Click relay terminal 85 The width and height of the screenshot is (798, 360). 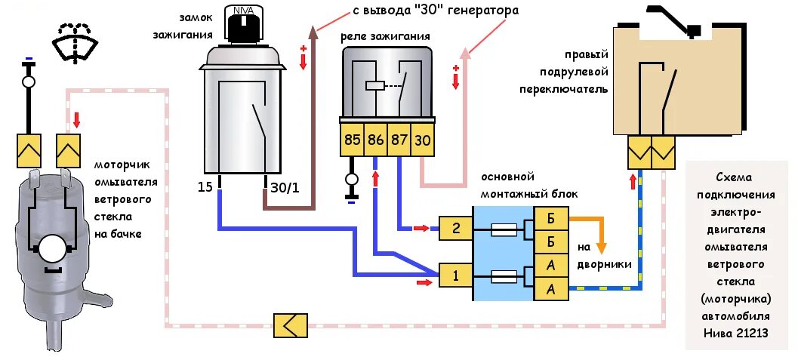point(353,140)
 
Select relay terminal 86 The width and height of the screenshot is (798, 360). point(375,140)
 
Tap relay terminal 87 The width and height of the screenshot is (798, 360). point(399,140)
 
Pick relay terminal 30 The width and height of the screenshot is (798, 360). point(422,140)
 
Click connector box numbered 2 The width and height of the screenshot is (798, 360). point(455,228)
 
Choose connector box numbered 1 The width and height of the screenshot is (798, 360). point(455,275)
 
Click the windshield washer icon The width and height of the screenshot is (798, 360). point(74,42)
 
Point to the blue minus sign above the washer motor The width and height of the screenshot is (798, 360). point(29,58)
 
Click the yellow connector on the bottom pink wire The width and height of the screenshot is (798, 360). point(290,325)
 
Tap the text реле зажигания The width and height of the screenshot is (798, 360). point(385,36)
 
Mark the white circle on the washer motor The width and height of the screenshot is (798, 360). point(51,250)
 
